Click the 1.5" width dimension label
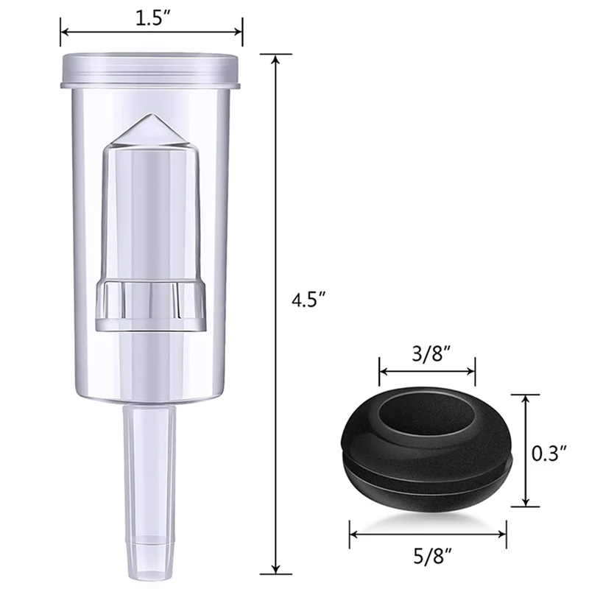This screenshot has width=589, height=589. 151,16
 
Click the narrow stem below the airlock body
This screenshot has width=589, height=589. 150,456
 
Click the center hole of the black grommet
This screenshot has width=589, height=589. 428,413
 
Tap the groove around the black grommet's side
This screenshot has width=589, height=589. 427,467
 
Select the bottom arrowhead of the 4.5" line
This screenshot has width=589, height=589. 276,568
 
